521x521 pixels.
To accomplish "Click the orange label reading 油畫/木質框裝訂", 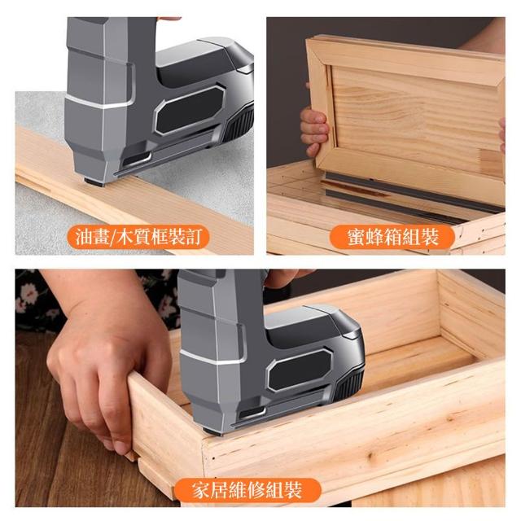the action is click(138, 237).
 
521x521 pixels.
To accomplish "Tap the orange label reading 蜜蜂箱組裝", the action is click(392, 237).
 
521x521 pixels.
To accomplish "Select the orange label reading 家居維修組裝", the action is click(247, 490).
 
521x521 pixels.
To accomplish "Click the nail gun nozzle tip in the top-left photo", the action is click(94, 182).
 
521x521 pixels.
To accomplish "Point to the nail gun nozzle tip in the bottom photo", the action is click(212, 432).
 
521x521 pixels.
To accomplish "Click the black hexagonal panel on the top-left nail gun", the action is click(190, 110).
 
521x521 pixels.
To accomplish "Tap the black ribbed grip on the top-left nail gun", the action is click(240, 122).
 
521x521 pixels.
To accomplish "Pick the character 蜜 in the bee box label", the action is click(356, 237).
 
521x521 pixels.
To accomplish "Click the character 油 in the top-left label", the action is click(84, 237).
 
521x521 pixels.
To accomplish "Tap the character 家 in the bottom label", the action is click(201, 490).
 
